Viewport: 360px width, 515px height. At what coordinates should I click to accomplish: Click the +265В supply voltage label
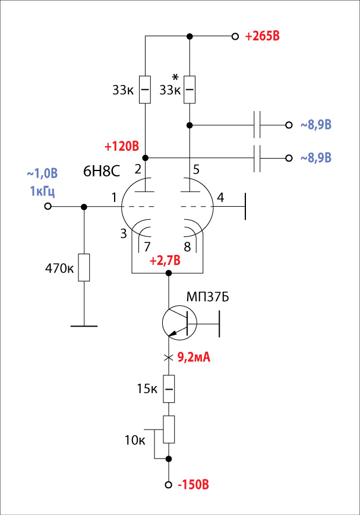pos(262,36)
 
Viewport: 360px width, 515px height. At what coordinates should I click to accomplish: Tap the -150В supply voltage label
pos(193,485)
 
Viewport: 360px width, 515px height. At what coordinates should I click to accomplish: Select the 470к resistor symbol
pos(84,267)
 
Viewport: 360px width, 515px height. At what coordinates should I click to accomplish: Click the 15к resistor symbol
pos(169,389)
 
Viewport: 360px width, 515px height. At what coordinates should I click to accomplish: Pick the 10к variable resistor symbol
pos(169,429)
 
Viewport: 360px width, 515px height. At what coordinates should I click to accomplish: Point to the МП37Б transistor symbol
pos(179,323)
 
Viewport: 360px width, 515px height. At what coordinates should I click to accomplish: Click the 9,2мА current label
pos(194,357)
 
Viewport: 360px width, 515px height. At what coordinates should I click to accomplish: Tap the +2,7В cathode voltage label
pos(165,261)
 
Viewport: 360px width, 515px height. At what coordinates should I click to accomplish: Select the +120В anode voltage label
pos(122,146)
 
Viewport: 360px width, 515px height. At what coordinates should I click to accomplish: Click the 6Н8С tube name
pos(102,171)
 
